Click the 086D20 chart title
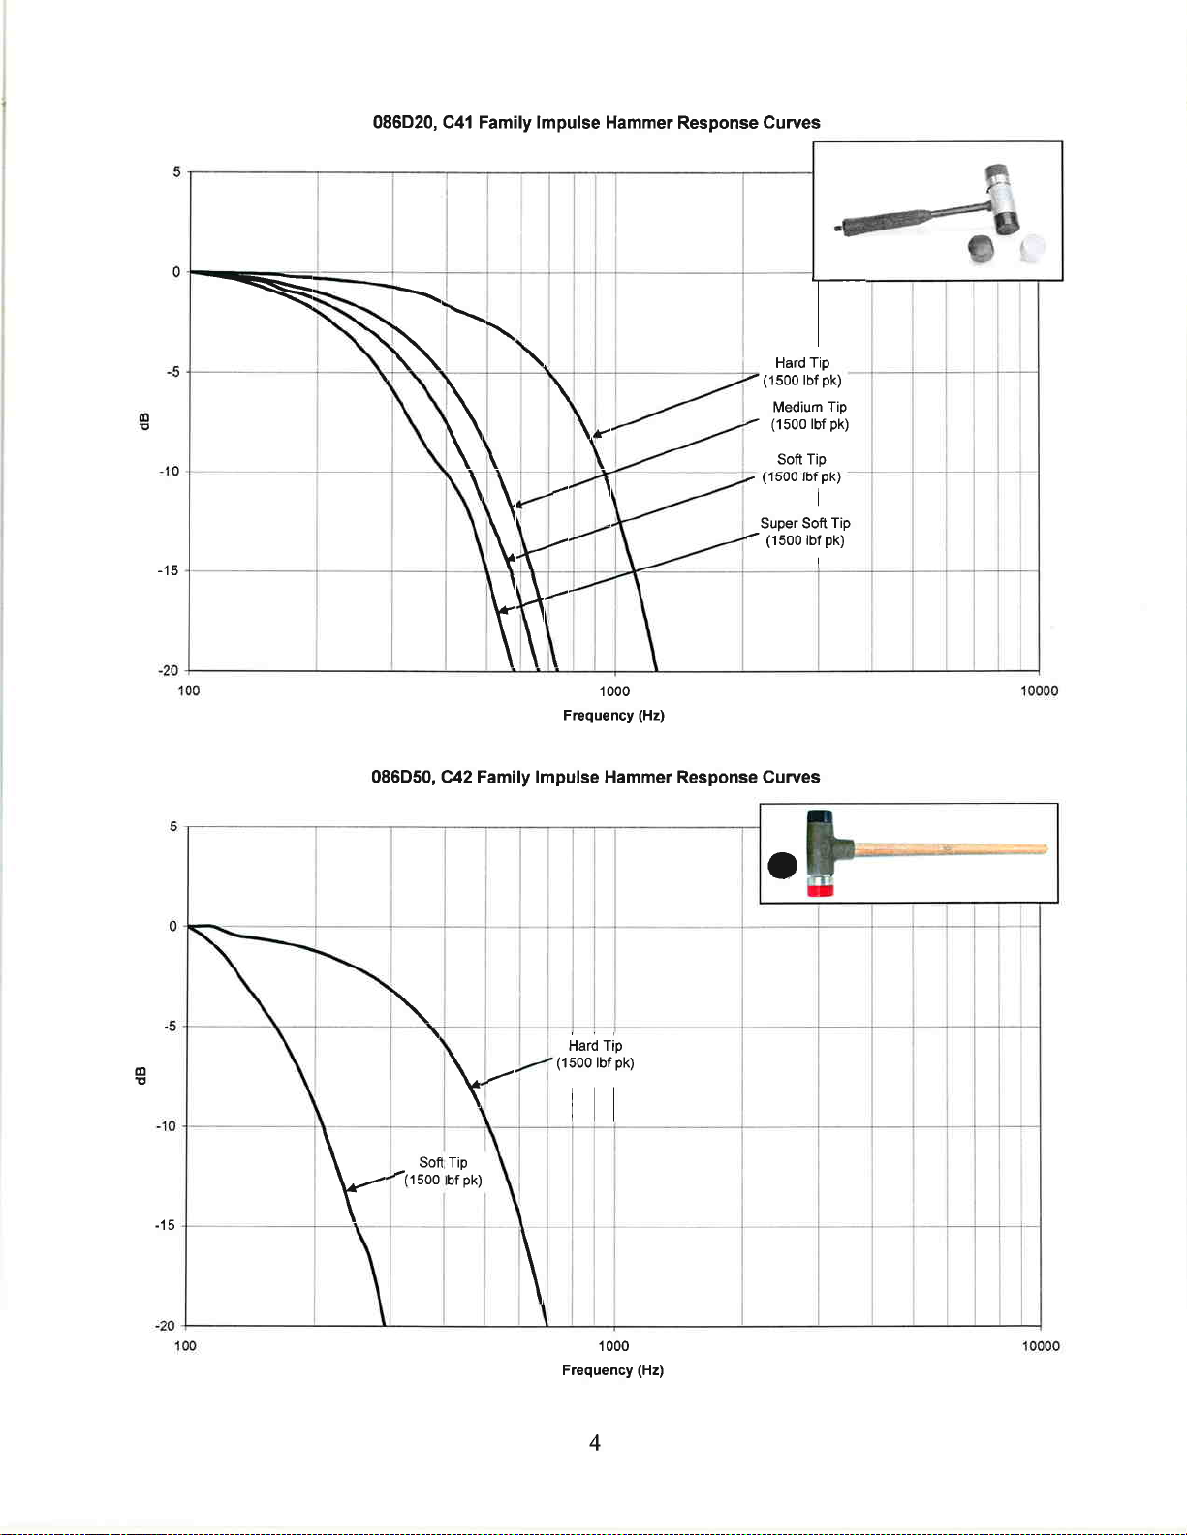point(596,123)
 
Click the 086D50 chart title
point(596,777)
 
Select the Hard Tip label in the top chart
point(802,372)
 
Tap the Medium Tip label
point(810,415)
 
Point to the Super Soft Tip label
point(805,532)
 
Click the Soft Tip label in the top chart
point(801,468)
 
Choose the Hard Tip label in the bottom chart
point(595,1054)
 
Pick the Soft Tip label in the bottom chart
point(443,1171)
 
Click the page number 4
point(595,1442)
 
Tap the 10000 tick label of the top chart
point(1040,691)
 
